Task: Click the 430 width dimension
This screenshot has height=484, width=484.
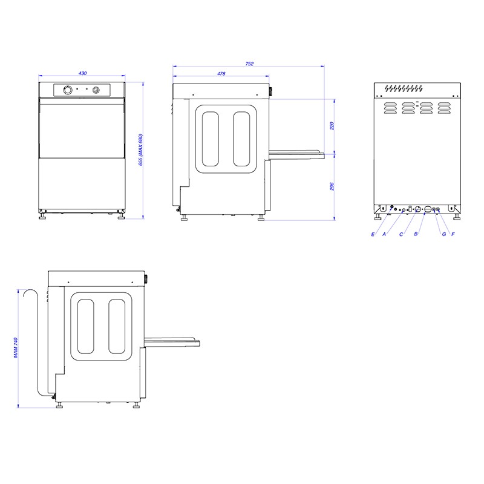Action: pos(82,73)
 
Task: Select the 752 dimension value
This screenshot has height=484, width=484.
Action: pos(249,64)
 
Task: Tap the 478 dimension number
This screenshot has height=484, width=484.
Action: pos(221,73)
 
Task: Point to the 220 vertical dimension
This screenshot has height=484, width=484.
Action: pos(332,126)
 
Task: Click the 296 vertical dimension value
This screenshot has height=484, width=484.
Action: pos(332,186)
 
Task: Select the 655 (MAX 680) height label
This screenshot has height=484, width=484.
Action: pos(141,149)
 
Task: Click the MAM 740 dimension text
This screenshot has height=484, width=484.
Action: pos(16,347)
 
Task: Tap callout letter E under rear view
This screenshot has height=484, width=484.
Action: pos(373,234)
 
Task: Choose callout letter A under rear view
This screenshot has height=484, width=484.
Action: pos(384,234)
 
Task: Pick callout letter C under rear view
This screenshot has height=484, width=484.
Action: pos(401,234)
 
